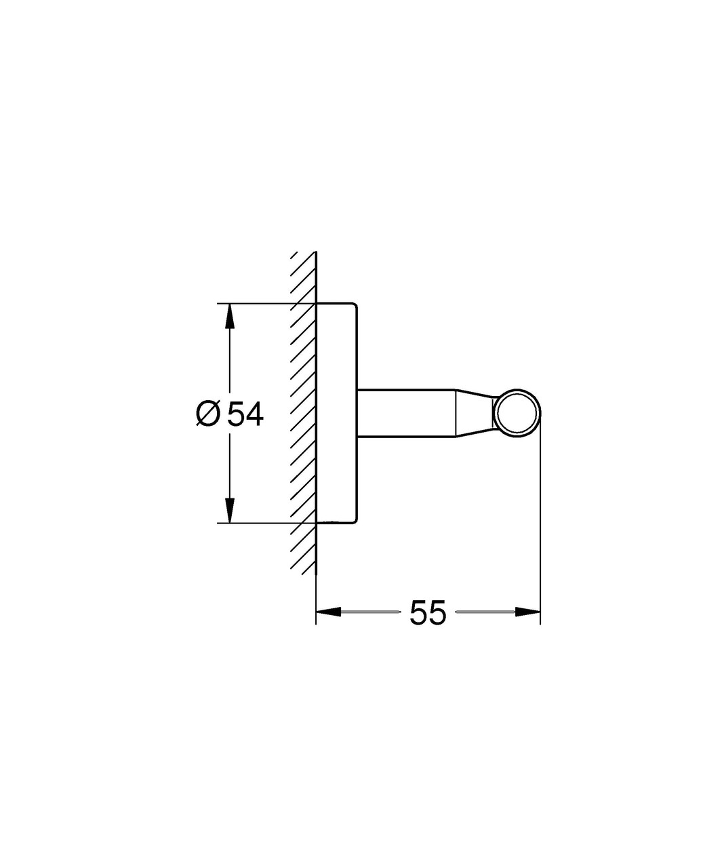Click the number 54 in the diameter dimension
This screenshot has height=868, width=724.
(245, 413)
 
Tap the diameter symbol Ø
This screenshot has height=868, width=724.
(207, 413)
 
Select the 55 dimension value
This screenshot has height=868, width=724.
(428, 612)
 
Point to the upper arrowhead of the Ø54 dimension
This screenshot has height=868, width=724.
(230, 316)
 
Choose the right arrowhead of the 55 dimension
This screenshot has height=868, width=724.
(527, 612)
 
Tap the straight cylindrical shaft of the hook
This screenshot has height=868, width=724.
(405, 413)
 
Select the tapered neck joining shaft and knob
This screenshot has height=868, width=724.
(472, 413)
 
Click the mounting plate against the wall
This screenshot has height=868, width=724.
(337, 413)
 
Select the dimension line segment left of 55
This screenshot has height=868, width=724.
(369, 612)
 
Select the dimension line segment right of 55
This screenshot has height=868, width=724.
(485, 612)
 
